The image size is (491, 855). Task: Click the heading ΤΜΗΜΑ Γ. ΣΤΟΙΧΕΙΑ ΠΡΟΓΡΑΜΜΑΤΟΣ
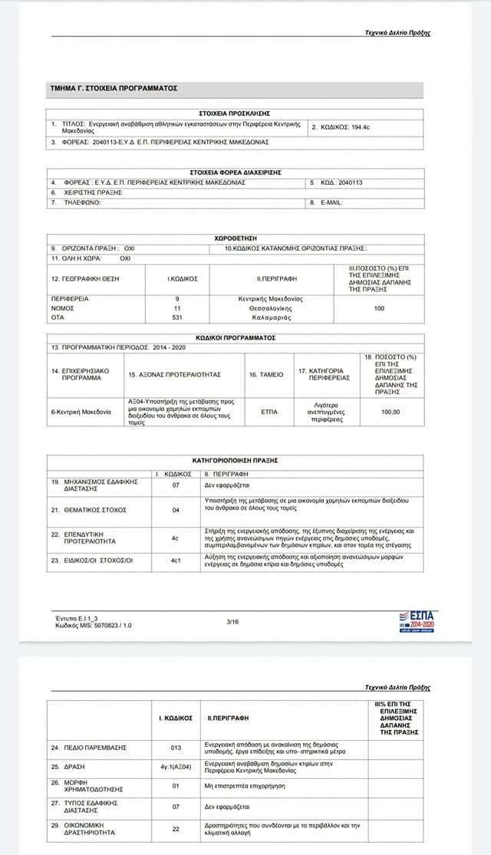point(114,89)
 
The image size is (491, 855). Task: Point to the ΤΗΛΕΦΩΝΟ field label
point(81,203)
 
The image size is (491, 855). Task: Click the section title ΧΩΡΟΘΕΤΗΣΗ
point(234,238)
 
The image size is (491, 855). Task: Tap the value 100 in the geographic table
point(378,307)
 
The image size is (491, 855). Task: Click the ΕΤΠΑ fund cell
point(269,412)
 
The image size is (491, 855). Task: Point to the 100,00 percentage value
point(390,412)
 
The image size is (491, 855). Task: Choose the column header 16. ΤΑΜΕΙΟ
point(265,375)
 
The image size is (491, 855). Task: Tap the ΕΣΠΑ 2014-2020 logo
point(417,621)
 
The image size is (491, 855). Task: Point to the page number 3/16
point(233,621)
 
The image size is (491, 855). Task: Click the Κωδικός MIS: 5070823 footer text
point(94,625)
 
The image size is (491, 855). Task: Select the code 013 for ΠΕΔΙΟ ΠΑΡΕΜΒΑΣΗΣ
point(175,747)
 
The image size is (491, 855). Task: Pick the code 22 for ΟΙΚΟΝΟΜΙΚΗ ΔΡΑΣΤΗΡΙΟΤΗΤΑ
point(175,828)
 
